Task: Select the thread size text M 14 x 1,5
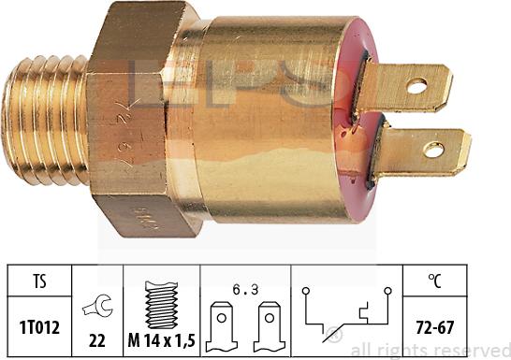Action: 162,338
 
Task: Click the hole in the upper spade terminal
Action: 417,86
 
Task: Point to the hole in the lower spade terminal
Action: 433,149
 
